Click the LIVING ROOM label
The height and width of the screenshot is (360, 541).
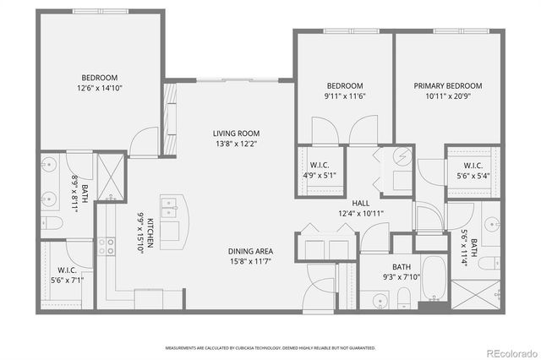point(235,134)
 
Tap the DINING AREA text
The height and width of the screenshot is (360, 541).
point(249,252)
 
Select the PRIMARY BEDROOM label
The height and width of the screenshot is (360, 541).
point(447,86)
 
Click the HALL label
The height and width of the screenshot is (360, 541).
point(361,203)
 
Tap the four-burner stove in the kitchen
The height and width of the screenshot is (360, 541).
point(108,246)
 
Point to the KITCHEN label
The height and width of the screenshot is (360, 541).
point(150,233)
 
